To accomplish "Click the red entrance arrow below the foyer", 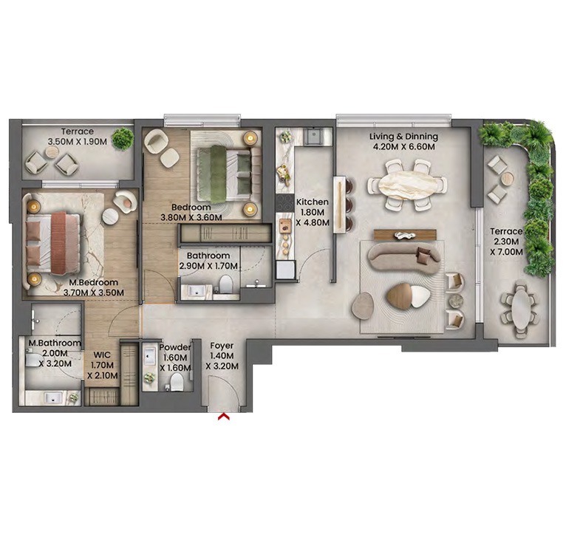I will (223, 417).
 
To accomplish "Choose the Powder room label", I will (175, 347).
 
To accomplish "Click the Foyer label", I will (222, 345).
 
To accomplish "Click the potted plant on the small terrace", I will (122, 138).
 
